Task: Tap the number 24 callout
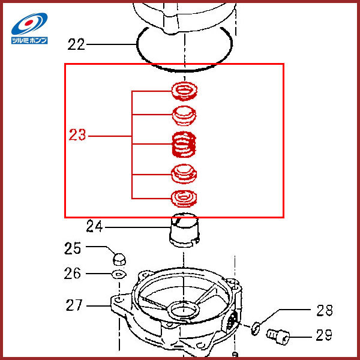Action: point(94,227)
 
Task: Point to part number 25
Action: point(73,247)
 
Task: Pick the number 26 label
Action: point(73,274)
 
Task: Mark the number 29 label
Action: point(323,335)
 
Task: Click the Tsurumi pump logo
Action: point(29,28)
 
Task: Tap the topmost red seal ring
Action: point(185,92)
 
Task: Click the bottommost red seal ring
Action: point(185,196)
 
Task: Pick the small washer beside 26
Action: point(118,274)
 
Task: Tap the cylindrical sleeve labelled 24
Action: point(184,231)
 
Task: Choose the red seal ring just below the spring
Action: point(185,173)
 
